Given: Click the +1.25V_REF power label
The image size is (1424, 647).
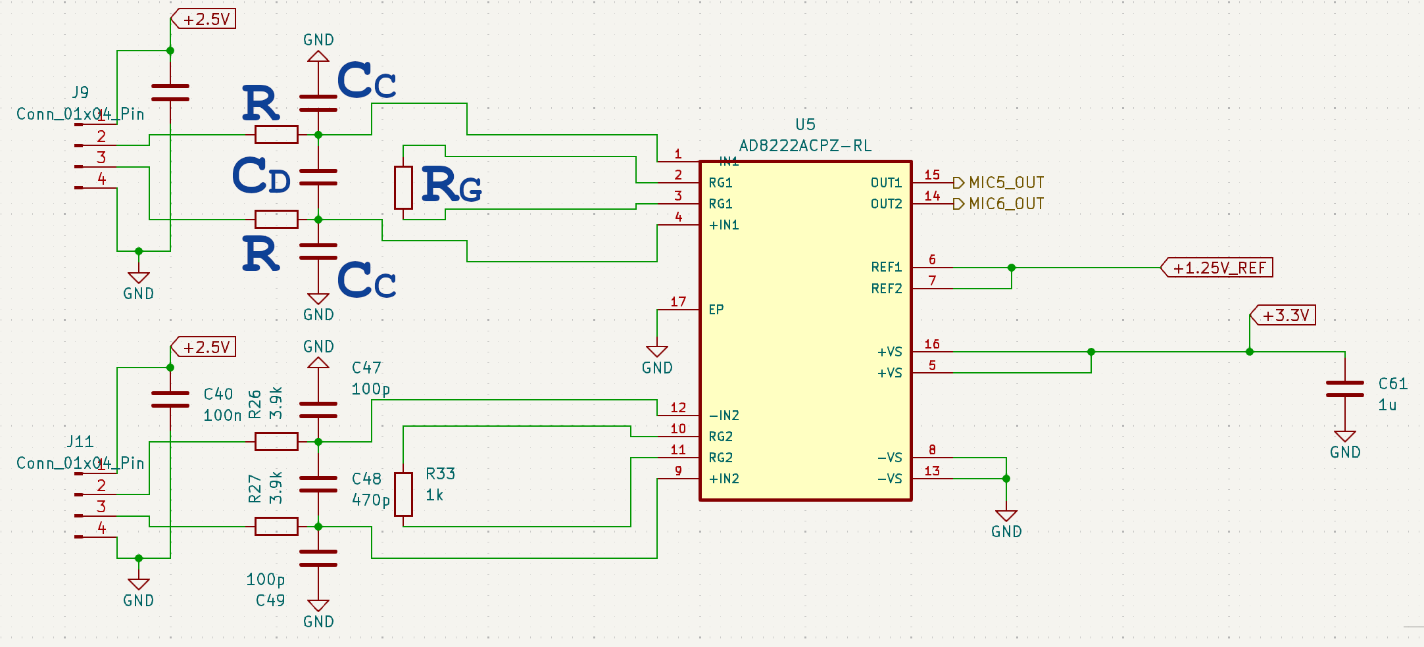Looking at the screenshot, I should (1218, 268).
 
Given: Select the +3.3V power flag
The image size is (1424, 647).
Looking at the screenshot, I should (1284, 316).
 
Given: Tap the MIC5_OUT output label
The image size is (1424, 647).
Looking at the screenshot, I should (1006, 182).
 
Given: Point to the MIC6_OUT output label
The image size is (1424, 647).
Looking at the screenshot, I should (1006, 204).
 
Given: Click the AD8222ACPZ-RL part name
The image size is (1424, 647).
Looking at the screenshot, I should (805, 145).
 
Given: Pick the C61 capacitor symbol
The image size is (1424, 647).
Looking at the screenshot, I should (1344, 389).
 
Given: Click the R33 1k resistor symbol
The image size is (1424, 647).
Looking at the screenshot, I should (403, 494).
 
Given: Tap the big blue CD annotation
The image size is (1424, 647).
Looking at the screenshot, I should (261, 176).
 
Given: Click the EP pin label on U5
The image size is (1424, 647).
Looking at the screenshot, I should (716, 309).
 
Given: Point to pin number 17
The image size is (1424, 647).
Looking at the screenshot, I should (678, 302).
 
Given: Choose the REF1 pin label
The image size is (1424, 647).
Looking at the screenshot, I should (886, 267).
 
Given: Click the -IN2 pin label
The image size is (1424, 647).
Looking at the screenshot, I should (724, 416).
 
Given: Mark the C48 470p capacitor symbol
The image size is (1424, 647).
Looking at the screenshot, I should (318, 485).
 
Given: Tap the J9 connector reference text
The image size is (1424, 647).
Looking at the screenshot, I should (80, 92).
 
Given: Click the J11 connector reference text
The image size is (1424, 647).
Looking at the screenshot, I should (80, 441).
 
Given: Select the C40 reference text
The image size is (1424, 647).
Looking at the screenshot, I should (218, 394).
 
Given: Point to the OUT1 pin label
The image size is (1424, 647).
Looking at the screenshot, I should (886, 183).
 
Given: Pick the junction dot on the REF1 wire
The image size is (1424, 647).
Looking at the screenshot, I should (1012, 268).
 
